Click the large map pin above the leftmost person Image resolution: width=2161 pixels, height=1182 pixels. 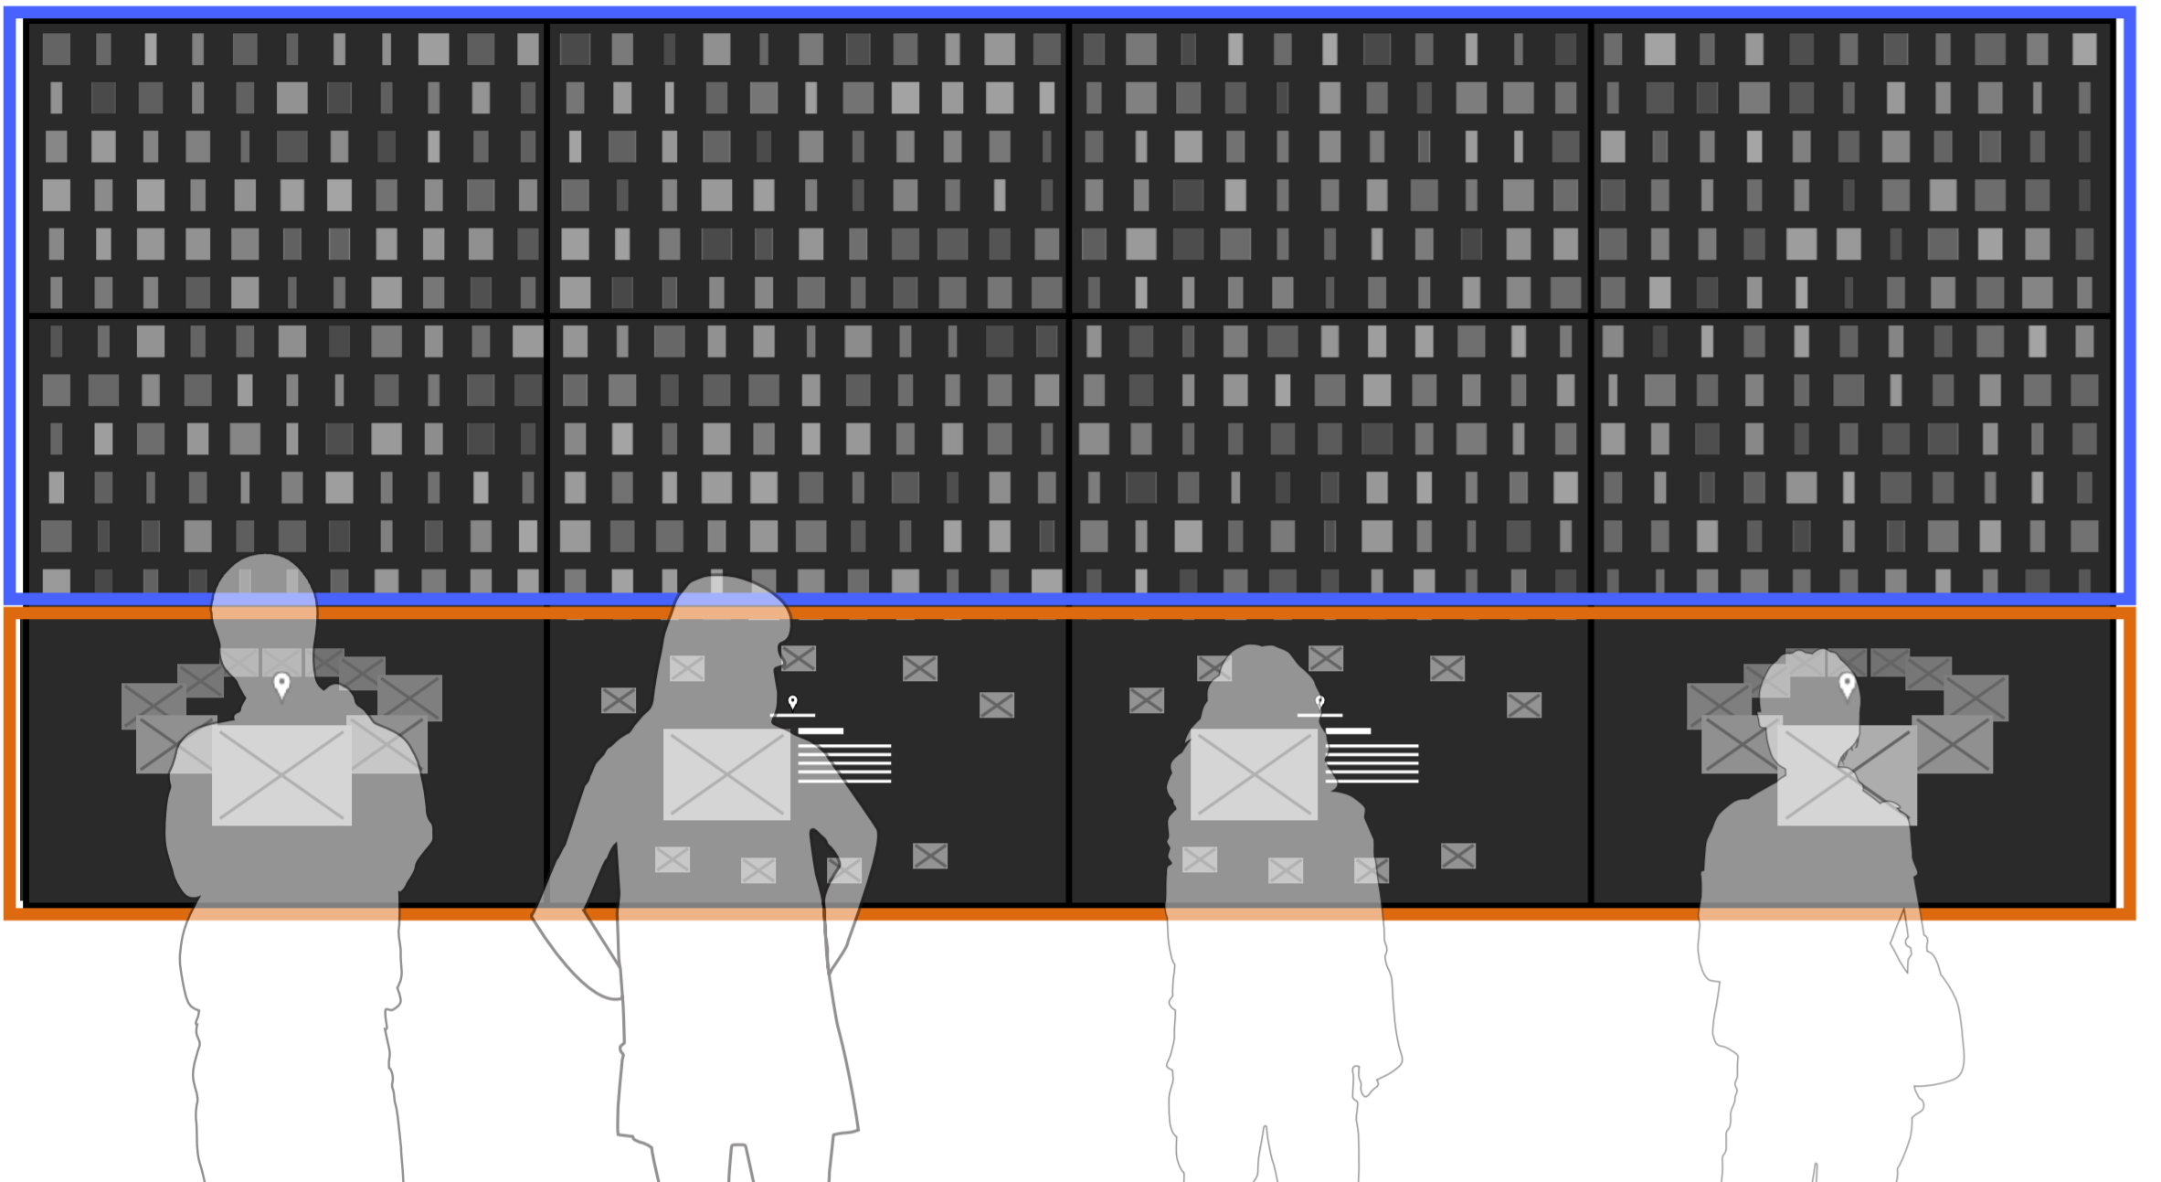coord(281,685)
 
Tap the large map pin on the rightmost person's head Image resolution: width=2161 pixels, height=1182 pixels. coord(1847,685)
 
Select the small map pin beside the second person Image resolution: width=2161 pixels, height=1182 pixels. coord(792,702)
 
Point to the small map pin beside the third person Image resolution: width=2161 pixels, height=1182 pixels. coord(1319,702)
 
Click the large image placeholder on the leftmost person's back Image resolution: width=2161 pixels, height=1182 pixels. coord(281,775)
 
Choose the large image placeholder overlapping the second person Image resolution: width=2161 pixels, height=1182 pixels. coord(726,774)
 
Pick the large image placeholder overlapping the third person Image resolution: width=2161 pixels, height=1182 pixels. coord(1254,774)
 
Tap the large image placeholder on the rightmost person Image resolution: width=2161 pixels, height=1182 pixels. coord(1847,775)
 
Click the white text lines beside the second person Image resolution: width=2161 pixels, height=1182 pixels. coord(844,763)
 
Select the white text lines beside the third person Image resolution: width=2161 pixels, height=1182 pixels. coord(1372,763)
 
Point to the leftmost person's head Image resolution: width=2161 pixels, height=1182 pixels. coord(264,603)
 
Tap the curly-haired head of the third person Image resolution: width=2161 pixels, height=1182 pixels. coord(1256,686)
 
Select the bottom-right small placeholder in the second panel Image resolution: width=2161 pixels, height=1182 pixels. coord(929,856)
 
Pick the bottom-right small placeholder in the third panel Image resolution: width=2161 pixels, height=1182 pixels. coord(1457,856)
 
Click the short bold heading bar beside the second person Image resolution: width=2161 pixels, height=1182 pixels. coord(821,731)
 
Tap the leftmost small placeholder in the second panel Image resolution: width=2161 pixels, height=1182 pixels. coord(619,700)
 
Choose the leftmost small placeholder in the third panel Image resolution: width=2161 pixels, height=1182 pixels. coord(1146,700)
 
